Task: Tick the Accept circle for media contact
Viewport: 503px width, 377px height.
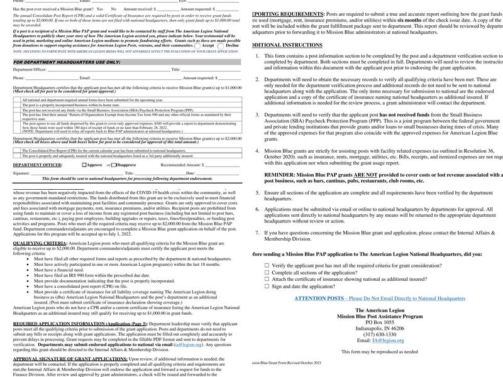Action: (x=197, y=46)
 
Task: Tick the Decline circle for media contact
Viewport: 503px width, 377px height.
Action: (x=221, y=46)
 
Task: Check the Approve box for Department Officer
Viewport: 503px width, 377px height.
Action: (x=85, y=165)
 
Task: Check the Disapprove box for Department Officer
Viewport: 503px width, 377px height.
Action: (x=115, y=165)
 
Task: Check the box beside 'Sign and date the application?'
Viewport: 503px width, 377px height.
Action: (x=267, y=286)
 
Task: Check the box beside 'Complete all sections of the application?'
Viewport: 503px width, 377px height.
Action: (x=267, y=273)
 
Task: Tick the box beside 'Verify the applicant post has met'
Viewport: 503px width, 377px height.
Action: (x=267, y=266)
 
